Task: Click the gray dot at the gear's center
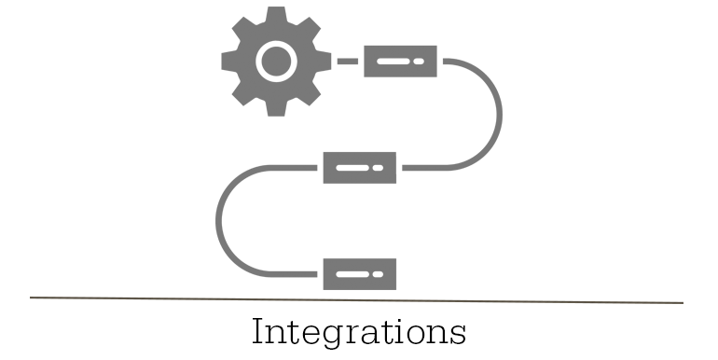point(275,62)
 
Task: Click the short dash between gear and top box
point(347,62)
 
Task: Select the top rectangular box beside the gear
point(400,62)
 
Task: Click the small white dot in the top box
point(419,62)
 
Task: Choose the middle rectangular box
point(360,168)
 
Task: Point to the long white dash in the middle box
point(352,168)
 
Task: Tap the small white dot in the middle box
point(378,168)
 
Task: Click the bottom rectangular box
point(360,274)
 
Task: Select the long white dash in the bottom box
point(352,274)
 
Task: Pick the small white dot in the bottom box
point(378,274)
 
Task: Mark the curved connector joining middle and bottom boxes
point(219,221)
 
